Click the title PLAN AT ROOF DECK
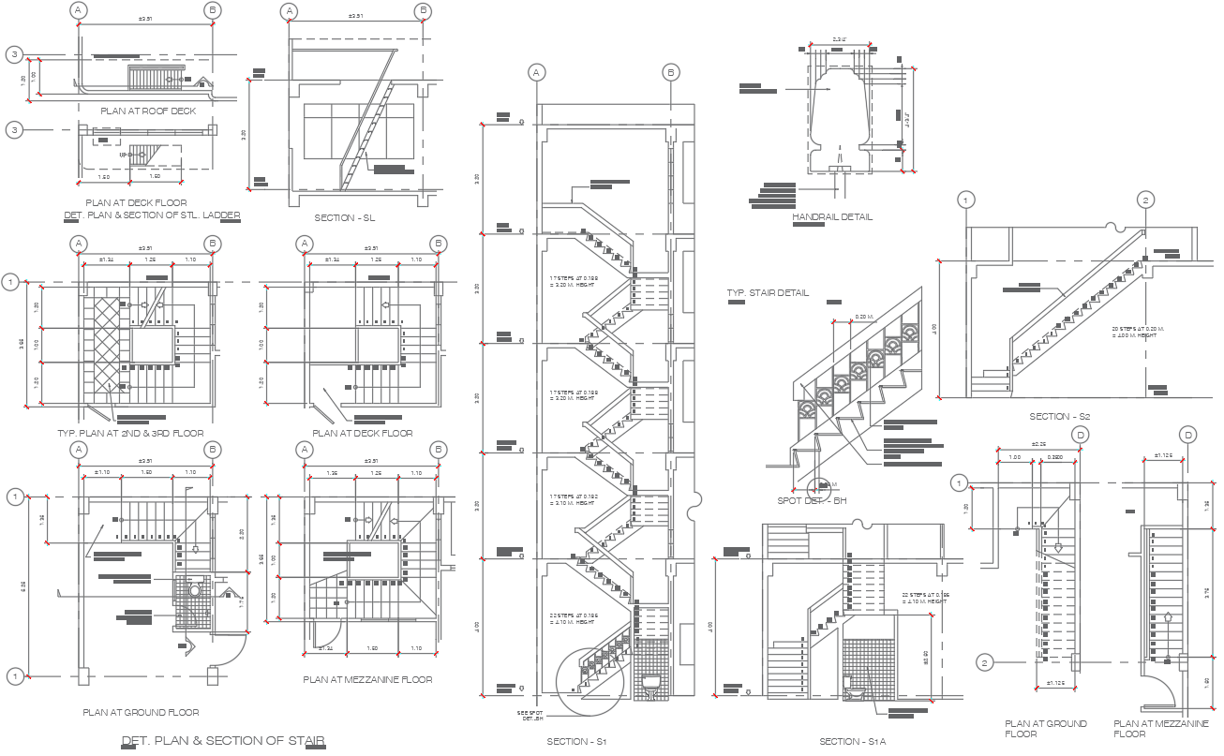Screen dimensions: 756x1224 155,111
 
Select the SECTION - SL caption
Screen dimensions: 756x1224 345,218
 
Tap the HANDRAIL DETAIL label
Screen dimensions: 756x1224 832,217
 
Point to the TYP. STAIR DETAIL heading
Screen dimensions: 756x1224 768,293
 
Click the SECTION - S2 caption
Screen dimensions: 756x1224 1060,417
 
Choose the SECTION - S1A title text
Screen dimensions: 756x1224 852,742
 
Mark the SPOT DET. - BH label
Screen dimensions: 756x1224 812,501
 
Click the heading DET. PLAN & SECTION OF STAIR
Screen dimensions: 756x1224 223,741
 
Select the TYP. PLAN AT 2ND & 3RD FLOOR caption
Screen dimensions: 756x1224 130,434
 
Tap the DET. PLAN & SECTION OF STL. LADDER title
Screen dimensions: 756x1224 152,215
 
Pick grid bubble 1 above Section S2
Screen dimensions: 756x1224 967,200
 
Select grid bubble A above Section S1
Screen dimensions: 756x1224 536,72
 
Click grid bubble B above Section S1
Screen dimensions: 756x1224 671,72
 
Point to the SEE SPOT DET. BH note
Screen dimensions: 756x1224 530,716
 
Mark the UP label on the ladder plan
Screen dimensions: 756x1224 123,155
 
